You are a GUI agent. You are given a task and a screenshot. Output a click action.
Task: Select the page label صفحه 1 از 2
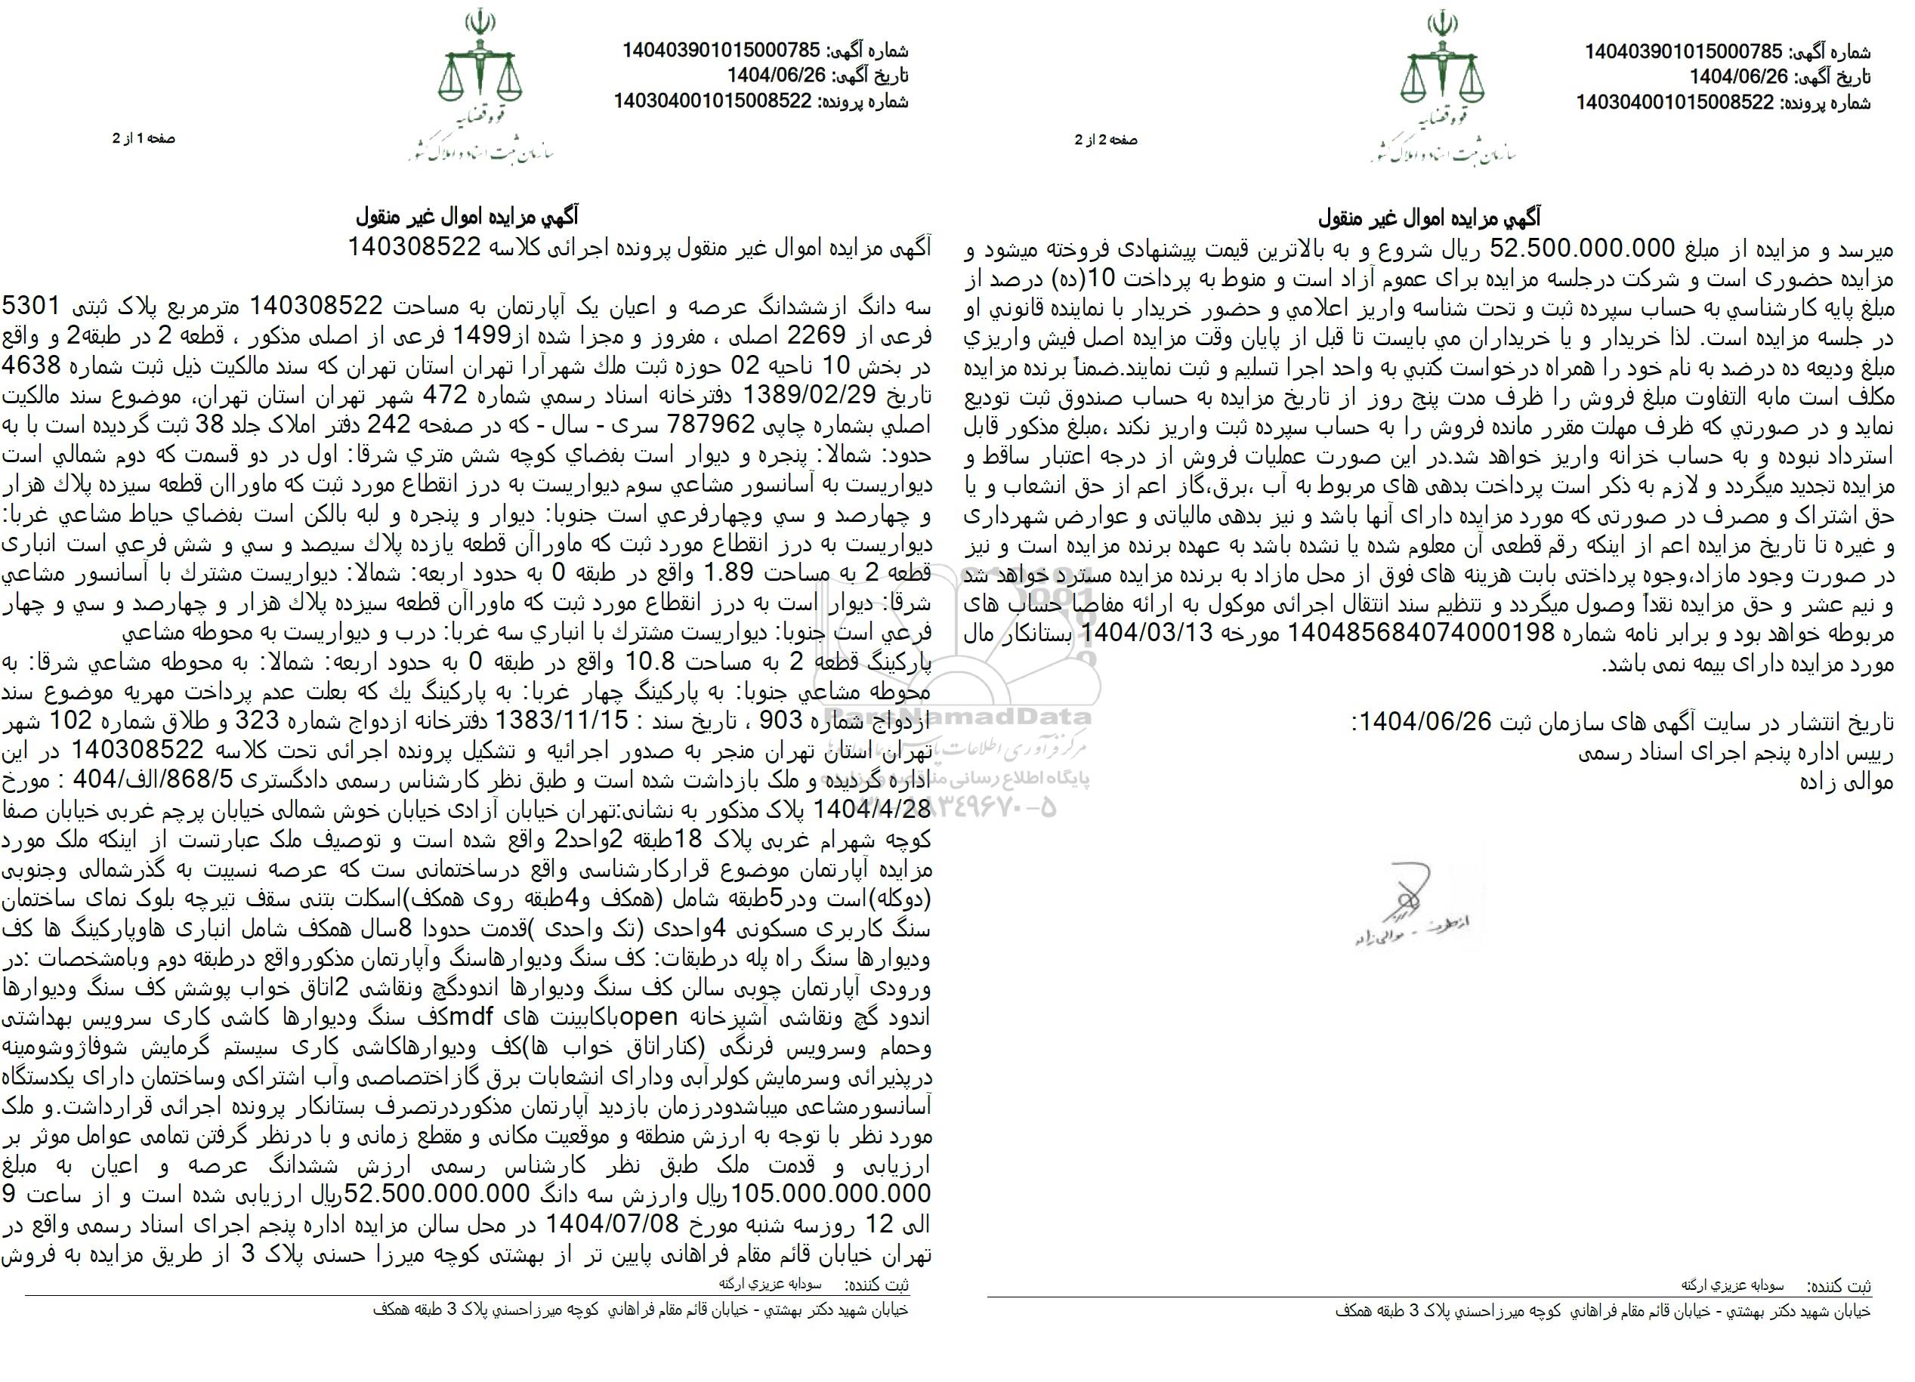(144, 138)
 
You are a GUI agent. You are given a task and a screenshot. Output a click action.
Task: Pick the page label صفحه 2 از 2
(1105, 140)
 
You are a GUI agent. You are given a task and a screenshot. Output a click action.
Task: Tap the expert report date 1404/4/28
(877, 808)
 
